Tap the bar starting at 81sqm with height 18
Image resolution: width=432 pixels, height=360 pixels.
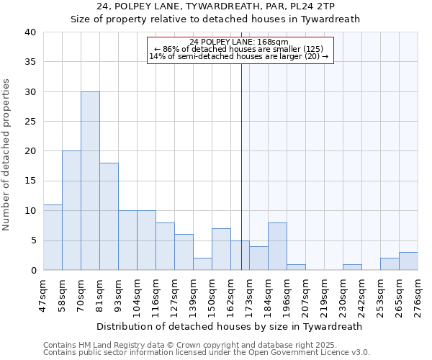coord(109,216)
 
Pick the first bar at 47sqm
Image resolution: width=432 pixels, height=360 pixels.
coord(53,238)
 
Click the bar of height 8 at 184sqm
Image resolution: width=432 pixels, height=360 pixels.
coord(277,246)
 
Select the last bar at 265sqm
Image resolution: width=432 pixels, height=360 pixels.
coord(408,261)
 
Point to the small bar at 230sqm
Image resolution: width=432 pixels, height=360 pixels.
coord(352,267)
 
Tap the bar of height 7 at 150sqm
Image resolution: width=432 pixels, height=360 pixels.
coord(221,249)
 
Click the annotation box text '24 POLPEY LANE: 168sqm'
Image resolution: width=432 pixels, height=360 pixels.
coord(240,42)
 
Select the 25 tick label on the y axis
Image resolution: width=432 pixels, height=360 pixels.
coord(30,122)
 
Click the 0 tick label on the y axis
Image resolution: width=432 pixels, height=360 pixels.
coord(32,271)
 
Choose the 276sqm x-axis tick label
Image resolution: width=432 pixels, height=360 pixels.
coord(418,292)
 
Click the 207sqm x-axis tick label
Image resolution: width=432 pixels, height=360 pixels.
coord(306,292)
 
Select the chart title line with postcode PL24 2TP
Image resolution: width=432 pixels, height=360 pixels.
coord(215,6)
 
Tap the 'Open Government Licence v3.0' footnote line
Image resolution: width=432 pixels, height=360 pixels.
coord(207,352)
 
